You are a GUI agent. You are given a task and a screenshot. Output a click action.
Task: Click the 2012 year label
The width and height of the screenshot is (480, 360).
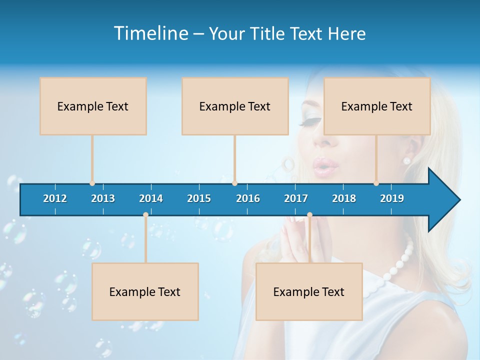[x=55, y=198]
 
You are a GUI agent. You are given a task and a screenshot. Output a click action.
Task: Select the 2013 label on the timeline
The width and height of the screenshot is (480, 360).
[x=103, y=198]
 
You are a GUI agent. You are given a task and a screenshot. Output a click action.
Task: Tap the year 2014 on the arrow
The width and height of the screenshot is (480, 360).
[x=151, y=198]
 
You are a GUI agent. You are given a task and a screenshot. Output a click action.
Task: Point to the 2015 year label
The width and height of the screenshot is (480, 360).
[x=199, y=198]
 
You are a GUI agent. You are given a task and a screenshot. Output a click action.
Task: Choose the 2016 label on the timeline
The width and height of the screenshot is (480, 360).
[x=248, y=198]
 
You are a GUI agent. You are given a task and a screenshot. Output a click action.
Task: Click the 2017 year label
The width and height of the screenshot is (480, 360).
[x=296, y=198]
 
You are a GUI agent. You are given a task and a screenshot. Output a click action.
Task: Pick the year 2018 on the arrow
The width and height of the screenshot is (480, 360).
[x=344, y=198]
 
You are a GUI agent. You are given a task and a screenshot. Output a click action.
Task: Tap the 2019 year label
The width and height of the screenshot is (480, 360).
[x=392, y=198]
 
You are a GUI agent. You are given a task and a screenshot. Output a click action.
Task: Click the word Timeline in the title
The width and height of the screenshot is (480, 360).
[x=150, y=33]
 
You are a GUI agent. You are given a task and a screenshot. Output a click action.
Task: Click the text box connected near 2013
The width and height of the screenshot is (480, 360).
[x=93, y=106]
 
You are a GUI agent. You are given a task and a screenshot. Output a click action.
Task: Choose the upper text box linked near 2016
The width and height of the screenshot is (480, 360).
[x=235, y=106]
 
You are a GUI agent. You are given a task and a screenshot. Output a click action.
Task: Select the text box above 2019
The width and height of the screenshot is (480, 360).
[x=377, y=106]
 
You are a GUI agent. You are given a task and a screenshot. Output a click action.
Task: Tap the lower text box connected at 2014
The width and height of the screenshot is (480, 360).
[x=145, y=291]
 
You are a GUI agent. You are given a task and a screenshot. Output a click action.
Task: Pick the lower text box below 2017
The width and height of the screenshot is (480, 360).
[x=309, y=291]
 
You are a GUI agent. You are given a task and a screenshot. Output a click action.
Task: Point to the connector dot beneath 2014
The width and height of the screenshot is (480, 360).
[x=145, y=215]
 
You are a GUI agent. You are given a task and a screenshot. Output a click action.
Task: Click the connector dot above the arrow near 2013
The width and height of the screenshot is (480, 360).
[x=92, y=183]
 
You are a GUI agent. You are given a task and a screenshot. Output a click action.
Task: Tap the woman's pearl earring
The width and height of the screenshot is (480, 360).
[x=406, y=160]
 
